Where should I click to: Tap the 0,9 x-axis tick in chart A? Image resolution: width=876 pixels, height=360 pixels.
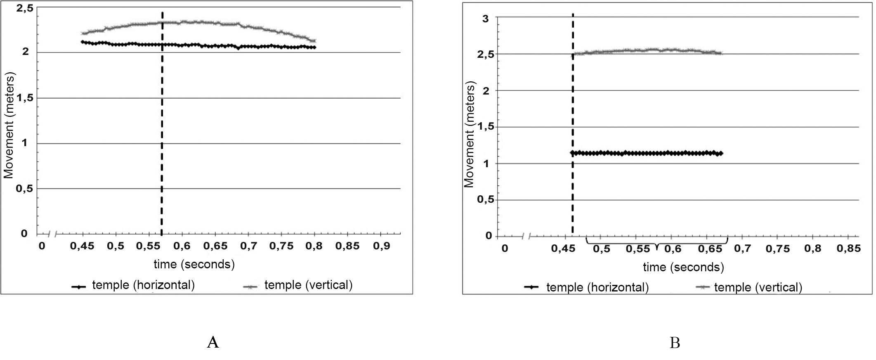pyautogui.click(x=382, y=246)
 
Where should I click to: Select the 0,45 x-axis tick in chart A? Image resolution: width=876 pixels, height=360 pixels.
pyautogui.click(x=82, y=246)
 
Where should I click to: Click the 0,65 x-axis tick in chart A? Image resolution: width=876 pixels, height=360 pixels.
pyautogui.click(x=215, y=246)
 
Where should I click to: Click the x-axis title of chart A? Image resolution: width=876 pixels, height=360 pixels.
pyautogui.click(x=194, y=264)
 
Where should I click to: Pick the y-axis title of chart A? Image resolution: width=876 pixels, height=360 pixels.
pyautogui.click(x=9, y=126)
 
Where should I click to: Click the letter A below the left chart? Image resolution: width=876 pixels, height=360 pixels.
pyautogui.click(x=213, y=342)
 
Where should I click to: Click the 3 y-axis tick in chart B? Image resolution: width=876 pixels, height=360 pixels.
pyautogui.click(x=486, y=19)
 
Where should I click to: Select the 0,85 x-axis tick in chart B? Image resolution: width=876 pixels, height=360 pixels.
pyautogui.click(x=849, y=249)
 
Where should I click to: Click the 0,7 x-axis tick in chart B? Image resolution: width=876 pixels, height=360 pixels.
pyautogui.click(x=742, y=249)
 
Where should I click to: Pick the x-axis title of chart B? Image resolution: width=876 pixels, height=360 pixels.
pyautogui.click(x=683, y=267)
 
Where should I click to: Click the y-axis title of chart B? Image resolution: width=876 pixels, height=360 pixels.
pyautogui.click(x=470, y=134)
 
